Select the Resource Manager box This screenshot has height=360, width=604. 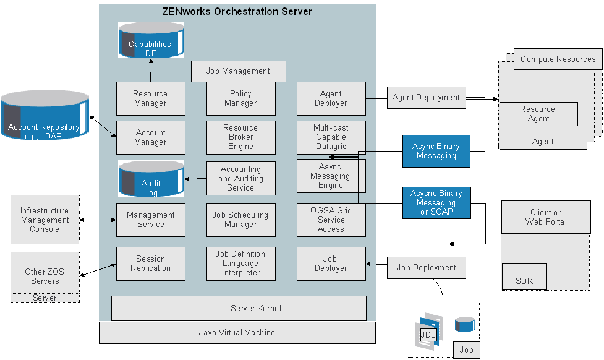150,98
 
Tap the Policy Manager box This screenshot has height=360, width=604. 240,98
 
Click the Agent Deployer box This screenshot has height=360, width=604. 331,98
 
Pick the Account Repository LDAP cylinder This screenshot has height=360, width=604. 45,117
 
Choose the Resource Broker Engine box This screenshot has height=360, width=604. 240,137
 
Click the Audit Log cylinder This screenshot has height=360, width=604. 150,179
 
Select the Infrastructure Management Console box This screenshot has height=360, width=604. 45,220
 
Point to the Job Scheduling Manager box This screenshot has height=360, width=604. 240,220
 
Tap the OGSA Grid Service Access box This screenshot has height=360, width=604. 331,220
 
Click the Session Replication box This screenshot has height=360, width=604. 150,264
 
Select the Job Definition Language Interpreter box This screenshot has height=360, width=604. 240,264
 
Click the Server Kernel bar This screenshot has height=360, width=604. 239,308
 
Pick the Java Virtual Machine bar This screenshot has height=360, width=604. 237,333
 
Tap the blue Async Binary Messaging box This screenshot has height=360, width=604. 436,151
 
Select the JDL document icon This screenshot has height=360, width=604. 428,334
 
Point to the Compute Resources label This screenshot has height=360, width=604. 558,59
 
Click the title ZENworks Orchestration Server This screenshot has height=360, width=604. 237,11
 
